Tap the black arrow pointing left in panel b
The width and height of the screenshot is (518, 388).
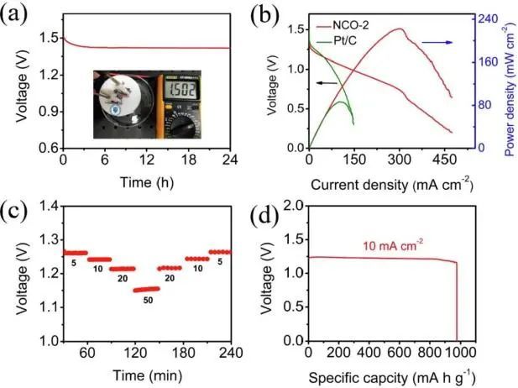point(327,82)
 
